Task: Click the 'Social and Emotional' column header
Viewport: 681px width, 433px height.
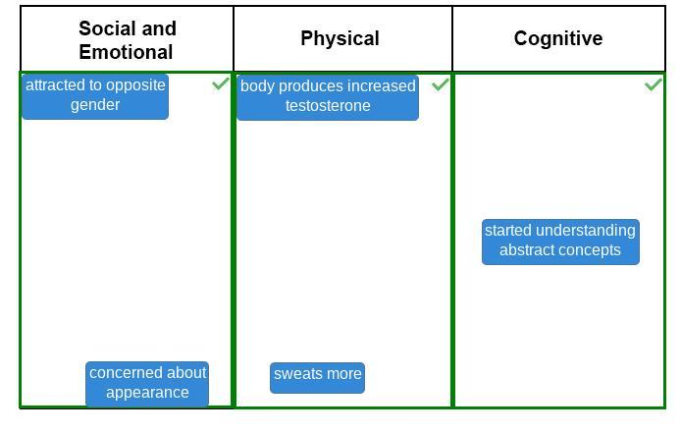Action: pos(127,40)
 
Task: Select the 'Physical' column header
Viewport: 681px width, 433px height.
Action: pos(340,38)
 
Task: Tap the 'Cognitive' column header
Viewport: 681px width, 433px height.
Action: pos(558,38)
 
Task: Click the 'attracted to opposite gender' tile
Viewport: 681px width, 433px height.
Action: pos(95,95)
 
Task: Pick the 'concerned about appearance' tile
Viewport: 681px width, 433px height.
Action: pos(147,383)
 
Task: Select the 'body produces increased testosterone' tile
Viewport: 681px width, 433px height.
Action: pos(328,96)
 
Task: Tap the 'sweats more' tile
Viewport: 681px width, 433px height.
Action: pos(317,374)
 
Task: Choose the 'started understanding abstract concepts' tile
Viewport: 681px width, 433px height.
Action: pos(560,241)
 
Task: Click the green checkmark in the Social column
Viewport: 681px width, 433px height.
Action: pos(221,84)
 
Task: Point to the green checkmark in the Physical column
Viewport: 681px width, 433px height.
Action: pos(441,84)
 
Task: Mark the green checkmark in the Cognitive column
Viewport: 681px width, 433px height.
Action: pos(653,84)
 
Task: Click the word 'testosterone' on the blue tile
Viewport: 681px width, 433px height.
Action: pos(328,106)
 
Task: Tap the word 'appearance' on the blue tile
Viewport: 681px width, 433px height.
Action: pos(147,393)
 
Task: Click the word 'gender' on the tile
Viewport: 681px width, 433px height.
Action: pos(95,105)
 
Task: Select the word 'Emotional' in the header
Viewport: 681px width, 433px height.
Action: pos(126,53)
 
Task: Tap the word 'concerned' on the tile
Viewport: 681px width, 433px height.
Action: pos(126,373)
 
